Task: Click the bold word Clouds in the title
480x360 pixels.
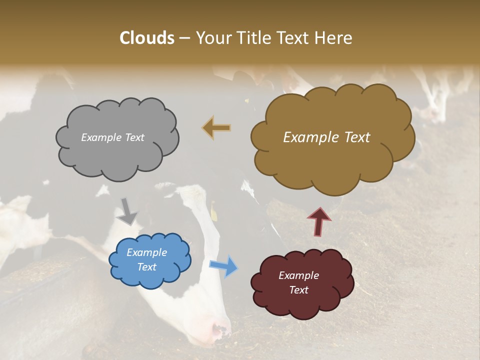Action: point(147,38)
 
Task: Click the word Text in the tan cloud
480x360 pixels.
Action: point(353,137)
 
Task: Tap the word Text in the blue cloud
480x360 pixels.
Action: point(146,267)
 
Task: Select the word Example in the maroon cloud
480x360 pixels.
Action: point(298,275)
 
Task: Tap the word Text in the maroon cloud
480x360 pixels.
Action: point(298,290)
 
